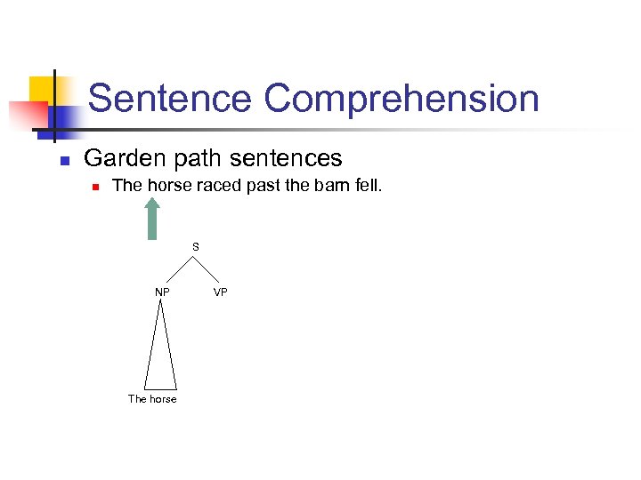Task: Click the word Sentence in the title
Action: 169,99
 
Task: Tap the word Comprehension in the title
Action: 402,99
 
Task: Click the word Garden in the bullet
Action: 120,158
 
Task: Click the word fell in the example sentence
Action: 369,186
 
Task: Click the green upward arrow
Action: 152,218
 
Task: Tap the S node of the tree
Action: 195,246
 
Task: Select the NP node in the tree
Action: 162,292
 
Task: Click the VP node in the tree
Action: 221,292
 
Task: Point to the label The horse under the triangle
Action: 152,399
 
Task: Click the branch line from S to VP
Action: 208,270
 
